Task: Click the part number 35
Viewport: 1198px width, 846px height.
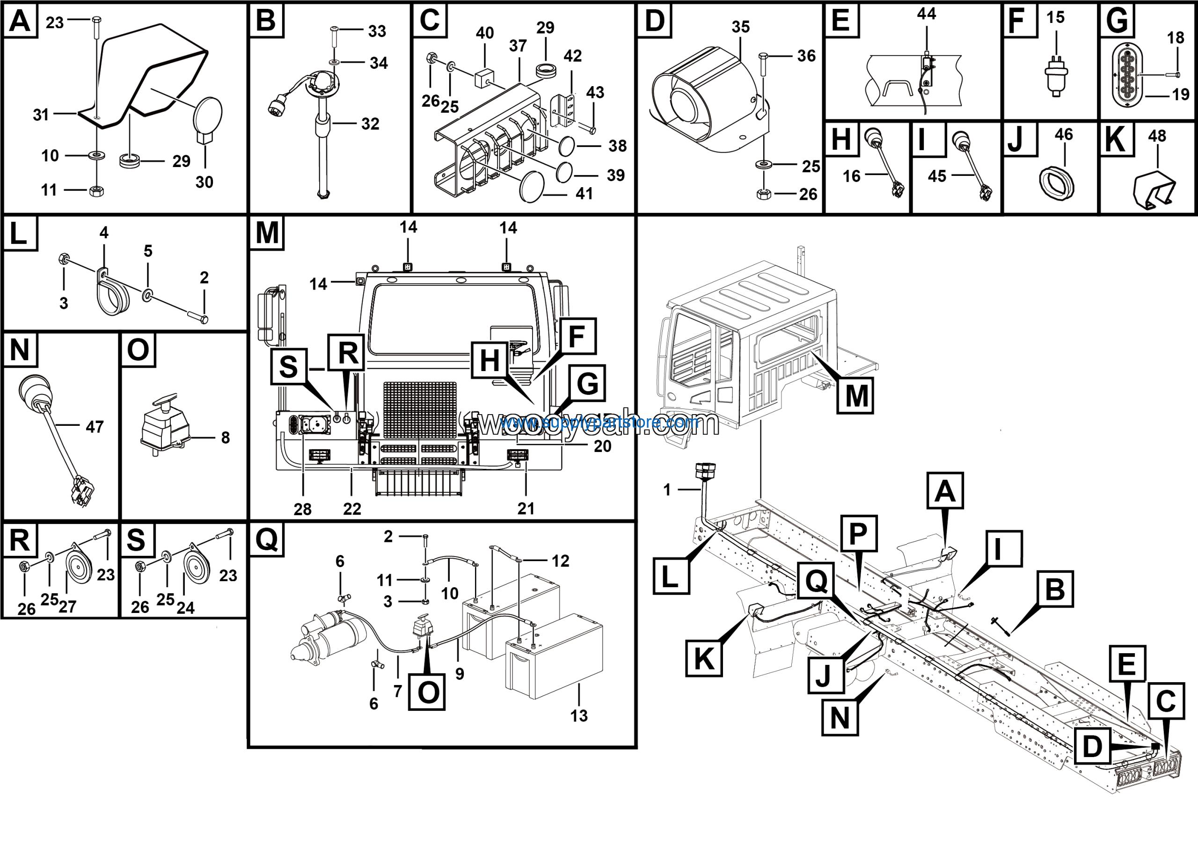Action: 740,27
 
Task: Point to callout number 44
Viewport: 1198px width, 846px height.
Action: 926,14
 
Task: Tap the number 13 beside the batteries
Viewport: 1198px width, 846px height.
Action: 579,715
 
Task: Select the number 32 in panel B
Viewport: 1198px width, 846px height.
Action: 370,124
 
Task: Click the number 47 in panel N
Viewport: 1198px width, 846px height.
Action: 95,427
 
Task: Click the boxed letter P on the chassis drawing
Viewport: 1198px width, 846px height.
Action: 858,533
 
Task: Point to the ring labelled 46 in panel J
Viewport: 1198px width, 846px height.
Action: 1056,182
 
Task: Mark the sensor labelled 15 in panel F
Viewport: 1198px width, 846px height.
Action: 1057,74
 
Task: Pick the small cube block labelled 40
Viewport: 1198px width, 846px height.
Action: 484,78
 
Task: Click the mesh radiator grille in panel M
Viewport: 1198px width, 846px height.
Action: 420,410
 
